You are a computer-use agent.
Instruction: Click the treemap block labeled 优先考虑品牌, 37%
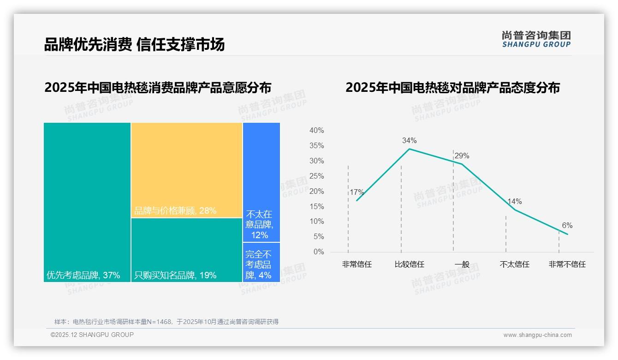[x=87, y=202]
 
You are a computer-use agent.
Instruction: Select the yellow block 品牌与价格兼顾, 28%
[x=187, y=169]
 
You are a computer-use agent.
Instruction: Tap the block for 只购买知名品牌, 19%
[x=187, y=250]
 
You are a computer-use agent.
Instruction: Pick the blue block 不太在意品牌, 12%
[x=261, y=182]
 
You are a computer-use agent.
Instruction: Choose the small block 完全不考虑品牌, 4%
[x=261, y=262]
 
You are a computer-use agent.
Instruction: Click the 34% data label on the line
[x=409, y=140]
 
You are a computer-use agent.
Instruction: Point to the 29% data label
[x=462, y=156]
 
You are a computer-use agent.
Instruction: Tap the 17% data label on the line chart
[x=357, y=192]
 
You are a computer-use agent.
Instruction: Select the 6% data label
[x=567, y=225]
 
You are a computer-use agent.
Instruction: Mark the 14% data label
[x=514, y=201]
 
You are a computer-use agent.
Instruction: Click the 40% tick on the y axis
[x=316, y=131]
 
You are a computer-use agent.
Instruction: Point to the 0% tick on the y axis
[x=319, y=252]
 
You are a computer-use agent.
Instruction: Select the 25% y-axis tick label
[x=316, y=176]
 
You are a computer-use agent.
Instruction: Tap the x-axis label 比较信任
[x=409, y=264]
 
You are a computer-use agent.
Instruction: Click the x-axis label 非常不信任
[x=567, y=264]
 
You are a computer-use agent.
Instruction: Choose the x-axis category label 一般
[x=462, y=264]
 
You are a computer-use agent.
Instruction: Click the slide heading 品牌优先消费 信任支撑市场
[x=134, y=44]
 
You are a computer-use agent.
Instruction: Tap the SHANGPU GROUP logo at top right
[x=536, y=39]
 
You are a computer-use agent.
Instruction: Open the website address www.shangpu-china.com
[x=537, y=335]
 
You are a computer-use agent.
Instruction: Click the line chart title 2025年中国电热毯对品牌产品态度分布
[x=452, y=87]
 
